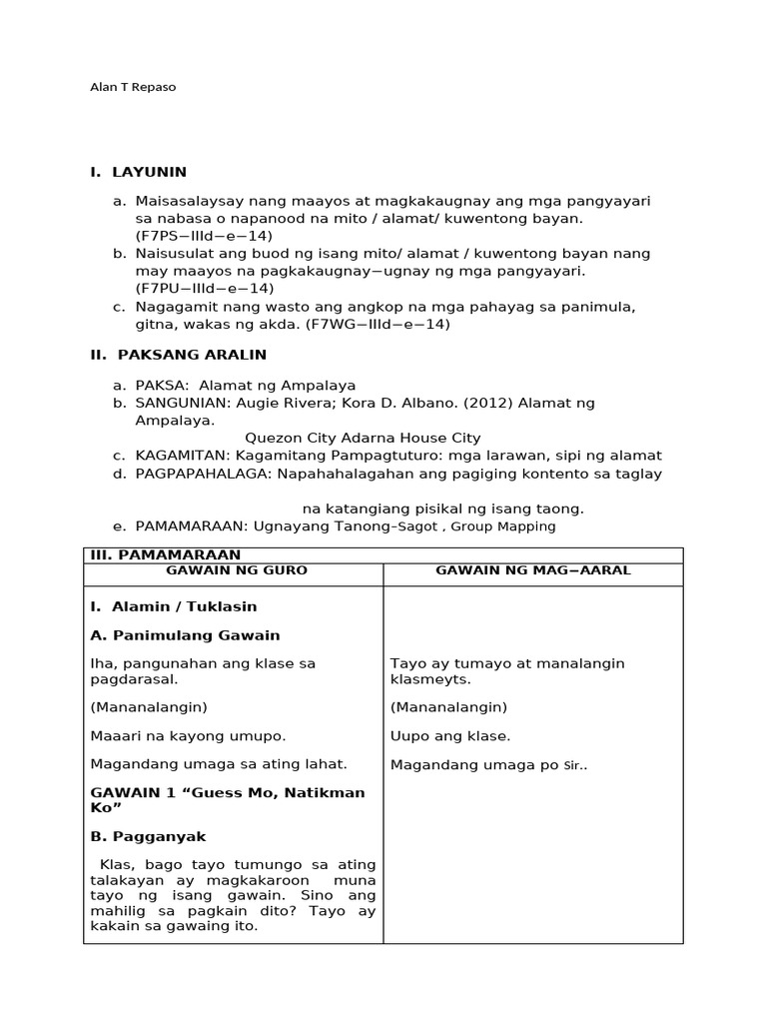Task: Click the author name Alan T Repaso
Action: pyautogui.click(x=133, y=87)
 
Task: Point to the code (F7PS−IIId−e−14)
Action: pyautogui.click(x=204, y=235)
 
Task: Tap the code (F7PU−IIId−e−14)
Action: pyautogui.click(x=205, y=288)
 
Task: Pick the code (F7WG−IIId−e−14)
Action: pyautogui.click(x=379, y=324)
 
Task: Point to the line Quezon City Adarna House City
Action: pyautogui.click(x=363, y=438)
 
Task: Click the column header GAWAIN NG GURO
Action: pyautogui.click(x=237, y=569)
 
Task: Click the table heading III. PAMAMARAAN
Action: pyautogui.click(x=165, y=554)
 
